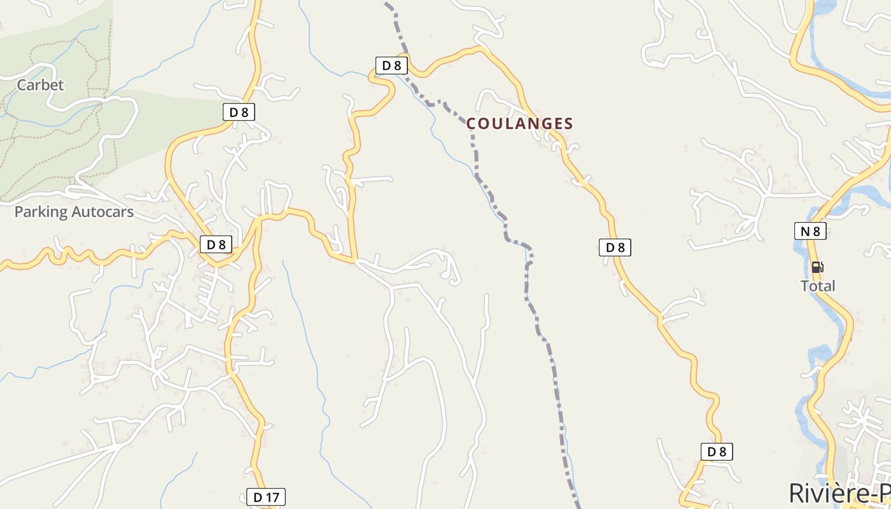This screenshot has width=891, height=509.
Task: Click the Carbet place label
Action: pos(40,85)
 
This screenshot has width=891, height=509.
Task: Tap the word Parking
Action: pos(41,212)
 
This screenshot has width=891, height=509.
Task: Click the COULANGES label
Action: pos(520,123)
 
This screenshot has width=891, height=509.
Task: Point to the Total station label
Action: pos(818,286)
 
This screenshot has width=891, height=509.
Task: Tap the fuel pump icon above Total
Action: pos(817,267)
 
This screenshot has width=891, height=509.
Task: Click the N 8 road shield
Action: pos(810,231)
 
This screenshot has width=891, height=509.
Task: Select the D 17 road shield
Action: pos(266,497)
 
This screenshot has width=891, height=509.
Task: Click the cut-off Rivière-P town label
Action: pos(839,494)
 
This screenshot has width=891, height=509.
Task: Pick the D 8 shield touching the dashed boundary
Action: pos(391,66)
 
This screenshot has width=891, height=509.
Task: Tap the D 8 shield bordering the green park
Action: pos(239,113)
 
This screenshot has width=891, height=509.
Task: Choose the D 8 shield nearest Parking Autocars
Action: pos(216,244)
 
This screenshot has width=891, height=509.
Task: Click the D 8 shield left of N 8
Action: pos(615,248)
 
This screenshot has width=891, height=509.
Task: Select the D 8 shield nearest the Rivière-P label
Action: pos(717,452)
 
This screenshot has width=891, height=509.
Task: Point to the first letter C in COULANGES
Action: pos(472,123)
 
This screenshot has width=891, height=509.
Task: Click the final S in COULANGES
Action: pos(568,123)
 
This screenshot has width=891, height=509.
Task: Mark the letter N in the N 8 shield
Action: pos(805,231)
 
